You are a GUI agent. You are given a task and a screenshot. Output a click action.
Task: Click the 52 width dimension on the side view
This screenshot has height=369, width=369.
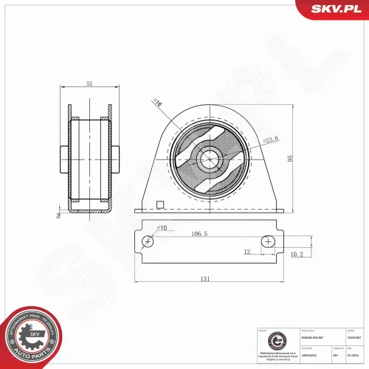tap(89, 84)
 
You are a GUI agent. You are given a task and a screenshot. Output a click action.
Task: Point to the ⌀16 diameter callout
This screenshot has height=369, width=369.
tap(157, 103)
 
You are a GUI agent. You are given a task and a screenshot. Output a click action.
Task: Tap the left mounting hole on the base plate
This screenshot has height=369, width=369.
tap(148, 241)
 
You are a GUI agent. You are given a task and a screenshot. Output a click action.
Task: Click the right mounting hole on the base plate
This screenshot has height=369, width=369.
tap(267, 241)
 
